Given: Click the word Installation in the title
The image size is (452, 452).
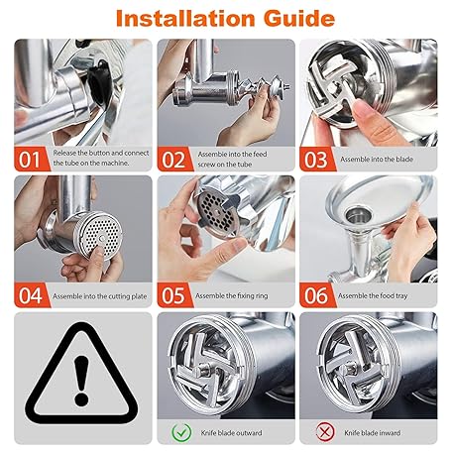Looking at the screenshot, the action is click(x=185, y=19).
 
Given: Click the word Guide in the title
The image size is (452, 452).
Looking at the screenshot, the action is click(x=299, y=19).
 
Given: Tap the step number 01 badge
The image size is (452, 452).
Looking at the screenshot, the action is click(x=30, y=160).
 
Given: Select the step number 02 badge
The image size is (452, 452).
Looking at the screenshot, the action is click(x=173, y=160).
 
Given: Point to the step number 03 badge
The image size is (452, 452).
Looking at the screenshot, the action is click(x=316, y=160).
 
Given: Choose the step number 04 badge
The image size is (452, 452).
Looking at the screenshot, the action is click(x=30, y=295).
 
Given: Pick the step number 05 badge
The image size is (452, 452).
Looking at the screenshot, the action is click(x=173, y=295).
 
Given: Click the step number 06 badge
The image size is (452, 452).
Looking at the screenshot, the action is click(x=316, y=295).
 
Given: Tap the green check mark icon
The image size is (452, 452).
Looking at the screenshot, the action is click(x=181, y=432).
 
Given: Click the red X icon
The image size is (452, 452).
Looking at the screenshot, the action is click(x=325, y=432).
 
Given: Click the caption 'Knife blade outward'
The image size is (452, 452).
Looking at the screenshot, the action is click(x=231, y=433).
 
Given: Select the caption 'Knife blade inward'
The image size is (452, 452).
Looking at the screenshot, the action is click(x=372, y=433).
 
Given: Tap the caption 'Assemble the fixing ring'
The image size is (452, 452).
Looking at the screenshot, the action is click(x=232, y=296).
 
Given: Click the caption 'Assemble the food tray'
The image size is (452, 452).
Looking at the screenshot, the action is click(x=373, y=296).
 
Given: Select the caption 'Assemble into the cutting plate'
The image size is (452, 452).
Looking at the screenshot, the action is click(x=100, y=296).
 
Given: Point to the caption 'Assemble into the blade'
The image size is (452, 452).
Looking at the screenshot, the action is click(x=377, y=160).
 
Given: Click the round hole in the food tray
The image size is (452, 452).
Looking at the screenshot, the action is click(x=358, y=215).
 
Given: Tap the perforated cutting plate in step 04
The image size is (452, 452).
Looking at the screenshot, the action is click(x=100, y=235).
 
